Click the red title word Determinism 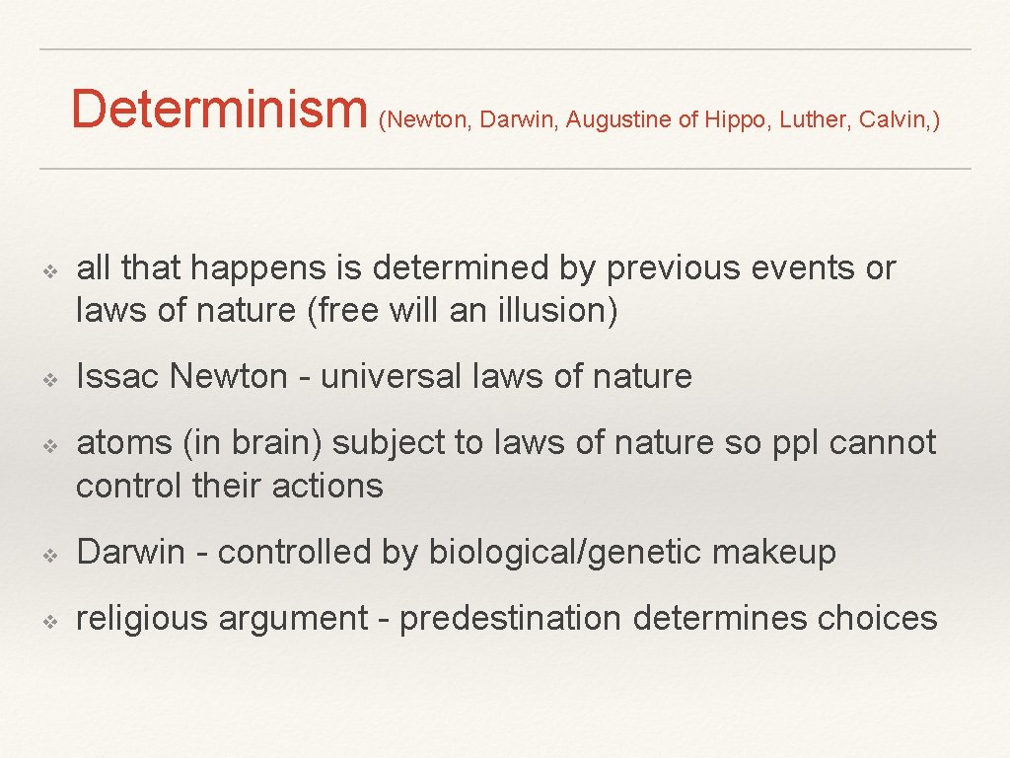pyautogui.click(x=218, y=109)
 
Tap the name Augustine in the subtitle pyautogui.click(x=618, y=120)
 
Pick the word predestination pyautogui.click(x=511, y=618)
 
